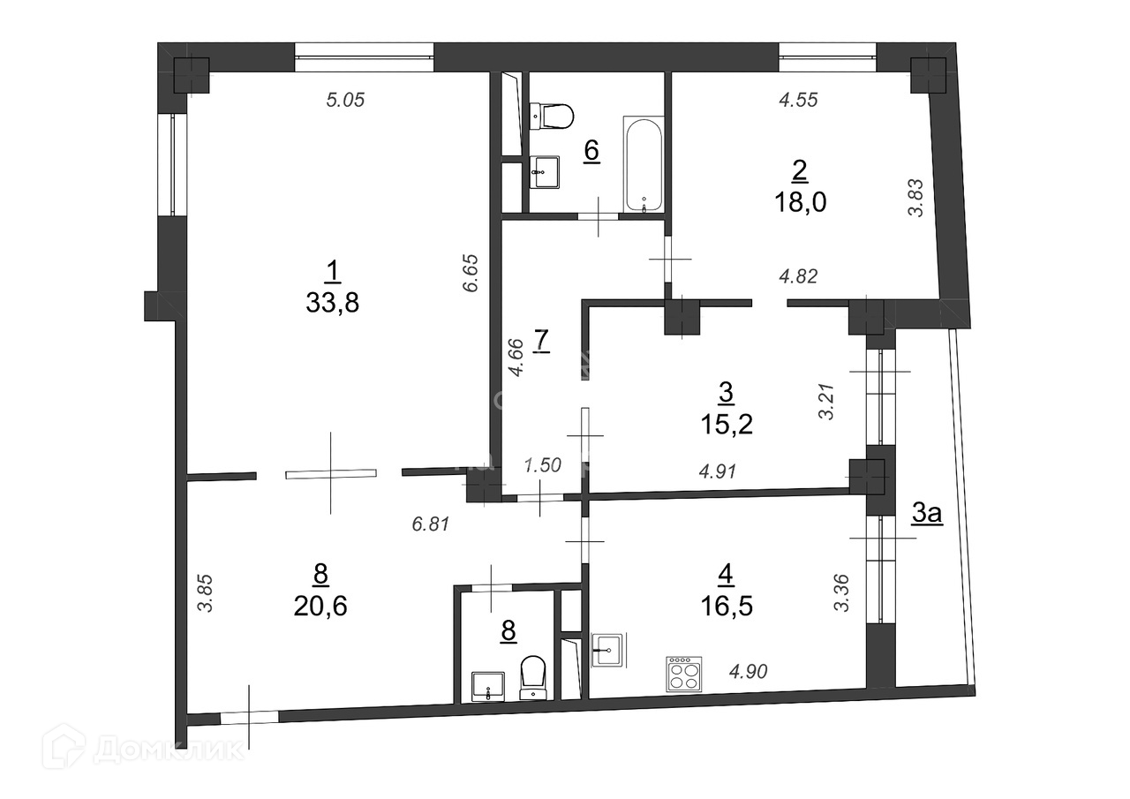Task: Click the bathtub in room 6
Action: (643, 165)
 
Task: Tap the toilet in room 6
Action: (552, 117)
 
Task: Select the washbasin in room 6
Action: (545, 172)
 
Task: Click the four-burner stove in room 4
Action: (684, 674)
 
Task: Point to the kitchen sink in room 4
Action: (609, 650)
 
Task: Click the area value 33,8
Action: (333, 303)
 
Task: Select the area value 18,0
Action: (800, 202)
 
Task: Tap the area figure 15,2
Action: (727, 424)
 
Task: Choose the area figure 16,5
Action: (727, 607)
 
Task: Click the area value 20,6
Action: (320, 606)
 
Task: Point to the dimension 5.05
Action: (345, 100)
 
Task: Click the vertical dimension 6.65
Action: (470, 274)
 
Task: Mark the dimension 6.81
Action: (430, 524)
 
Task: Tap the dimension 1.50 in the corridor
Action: (542, 465)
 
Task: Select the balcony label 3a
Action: (927, 515)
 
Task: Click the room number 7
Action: (541, 341)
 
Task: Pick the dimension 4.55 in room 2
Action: (798, 100)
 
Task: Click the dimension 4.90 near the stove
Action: (749, 671)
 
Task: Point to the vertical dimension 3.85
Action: (206, 593)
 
